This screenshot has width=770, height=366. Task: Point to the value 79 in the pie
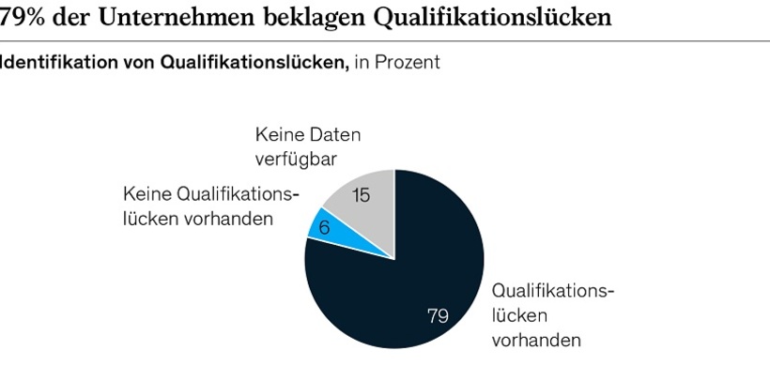click(x=438, y=315)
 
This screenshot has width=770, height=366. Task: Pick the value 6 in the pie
click(x=325, y=228)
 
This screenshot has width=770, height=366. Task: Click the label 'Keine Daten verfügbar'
click(x=307, y=147)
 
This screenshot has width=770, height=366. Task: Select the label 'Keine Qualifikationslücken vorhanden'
click(x=210, y=206)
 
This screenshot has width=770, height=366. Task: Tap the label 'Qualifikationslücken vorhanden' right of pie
click(x=552, y=314)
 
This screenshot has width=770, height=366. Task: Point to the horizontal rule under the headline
click(x=385, y=40)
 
